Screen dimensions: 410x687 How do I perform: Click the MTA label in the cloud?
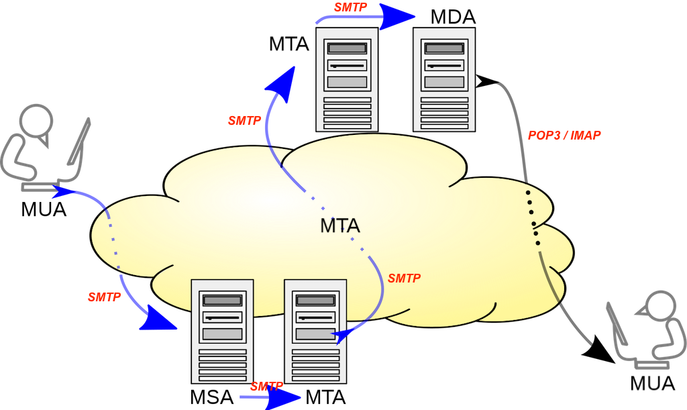pos(339,226)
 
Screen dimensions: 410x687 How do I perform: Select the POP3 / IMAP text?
pos(564,135)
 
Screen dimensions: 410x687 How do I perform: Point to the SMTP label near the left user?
pos(104,296)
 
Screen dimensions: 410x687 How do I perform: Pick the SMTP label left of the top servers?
pos(244,121)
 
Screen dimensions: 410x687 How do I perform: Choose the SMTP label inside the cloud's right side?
pos(405,278)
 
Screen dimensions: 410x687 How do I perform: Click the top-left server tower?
pos(346,79)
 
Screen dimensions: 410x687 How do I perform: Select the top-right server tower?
pos(443,79)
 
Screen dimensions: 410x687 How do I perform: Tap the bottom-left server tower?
pos(222,331)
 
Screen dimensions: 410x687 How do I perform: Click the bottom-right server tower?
pos(315,331)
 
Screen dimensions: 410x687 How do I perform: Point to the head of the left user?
pos(33,121)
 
